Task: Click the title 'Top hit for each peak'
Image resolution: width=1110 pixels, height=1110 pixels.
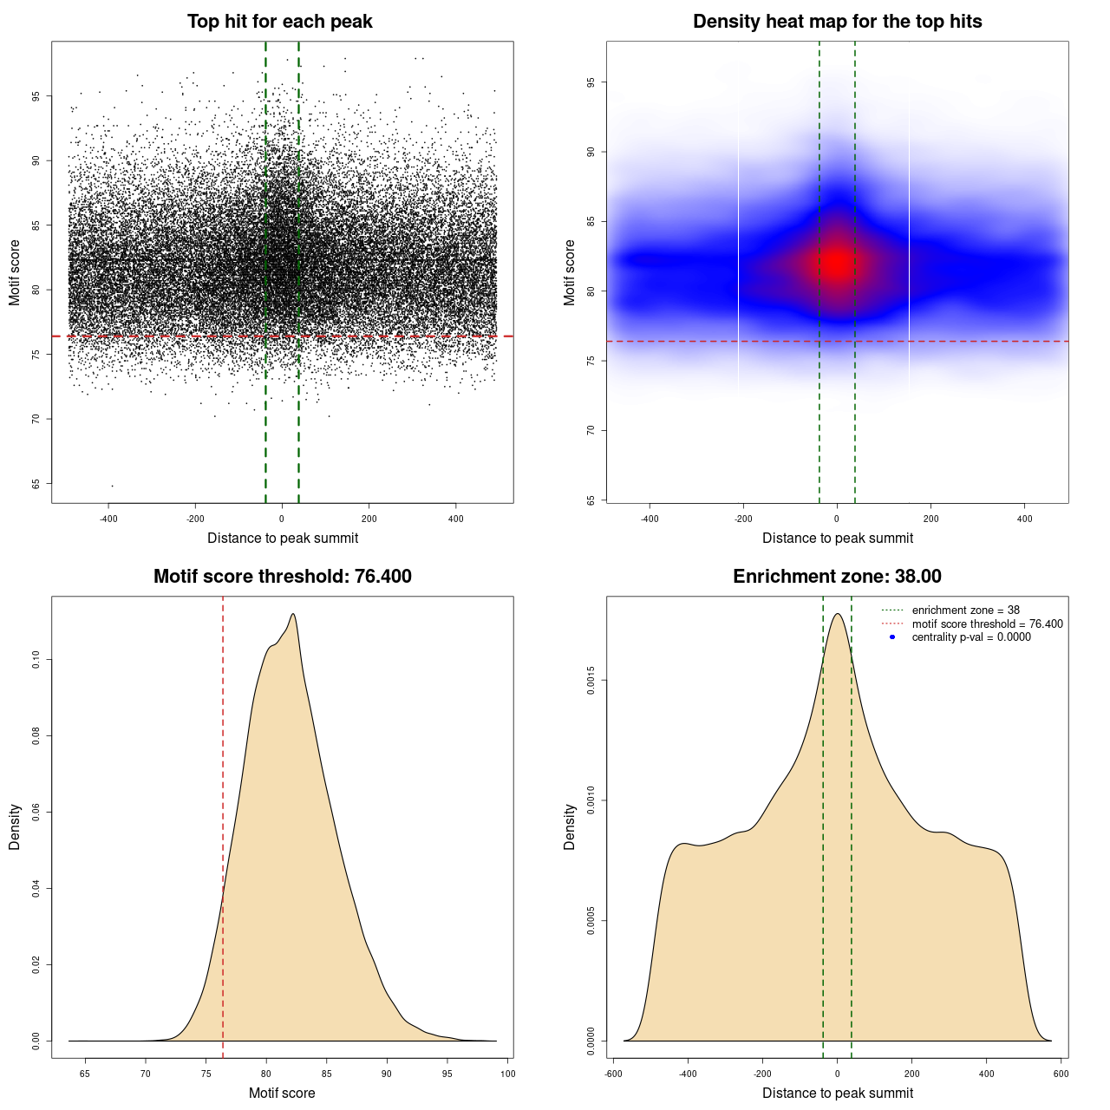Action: (280, 22)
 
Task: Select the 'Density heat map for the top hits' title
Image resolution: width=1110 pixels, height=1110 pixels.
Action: (837, 22)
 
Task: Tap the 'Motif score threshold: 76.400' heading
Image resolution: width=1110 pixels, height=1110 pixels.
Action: (282, 577)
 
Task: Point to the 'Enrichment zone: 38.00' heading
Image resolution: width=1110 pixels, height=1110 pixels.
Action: (837, 577)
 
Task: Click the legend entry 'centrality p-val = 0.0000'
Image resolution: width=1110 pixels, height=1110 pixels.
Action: (971, 637)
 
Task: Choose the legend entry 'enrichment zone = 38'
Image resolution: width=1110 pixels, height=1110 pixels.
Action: (965, 610)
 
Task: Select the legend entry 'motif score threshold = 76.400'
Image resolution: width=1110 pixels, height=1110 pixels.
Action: (987, 624)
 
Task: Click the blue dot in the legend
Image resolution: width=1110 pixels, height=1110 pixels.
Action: (892, 637)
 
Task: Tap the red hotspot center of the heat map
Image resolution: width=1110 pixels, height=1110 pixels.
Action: (837, 262)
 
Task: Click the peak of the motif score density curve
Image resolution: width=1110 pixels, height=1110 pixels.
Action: (293, 614)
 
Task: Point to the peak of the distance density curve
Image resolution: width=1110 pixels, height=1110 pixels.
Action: (837, 614)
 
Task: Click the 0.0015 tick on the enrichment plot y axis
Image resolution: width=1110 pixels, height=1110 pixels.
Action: (591, 681)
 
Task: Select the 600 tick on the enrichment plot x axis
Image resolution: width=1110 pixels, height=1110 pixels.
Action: (1061, 1074)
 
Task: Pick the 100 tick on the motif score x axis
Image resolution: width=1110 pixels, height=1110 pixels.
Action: (507, 1074)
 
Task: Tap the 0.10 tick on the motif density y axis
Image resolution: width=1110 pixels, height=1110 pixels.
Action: (36, 660)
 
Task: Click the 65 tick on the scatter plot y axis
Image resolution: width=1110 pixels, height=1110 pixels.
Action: (36, 484)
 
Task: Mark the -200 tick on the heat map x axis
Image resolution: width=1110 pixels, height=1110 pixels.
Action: (743, 519)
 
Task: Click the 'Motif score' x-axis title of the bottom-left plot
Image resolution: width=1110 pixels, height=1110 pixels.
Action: (282, 1093)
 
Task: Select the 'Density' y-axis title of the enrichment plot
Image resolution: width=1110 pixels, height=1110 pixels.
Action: (570, 826)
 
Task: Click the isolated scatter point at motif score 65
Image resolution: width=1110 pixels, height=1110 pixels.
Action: (112, 486)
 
